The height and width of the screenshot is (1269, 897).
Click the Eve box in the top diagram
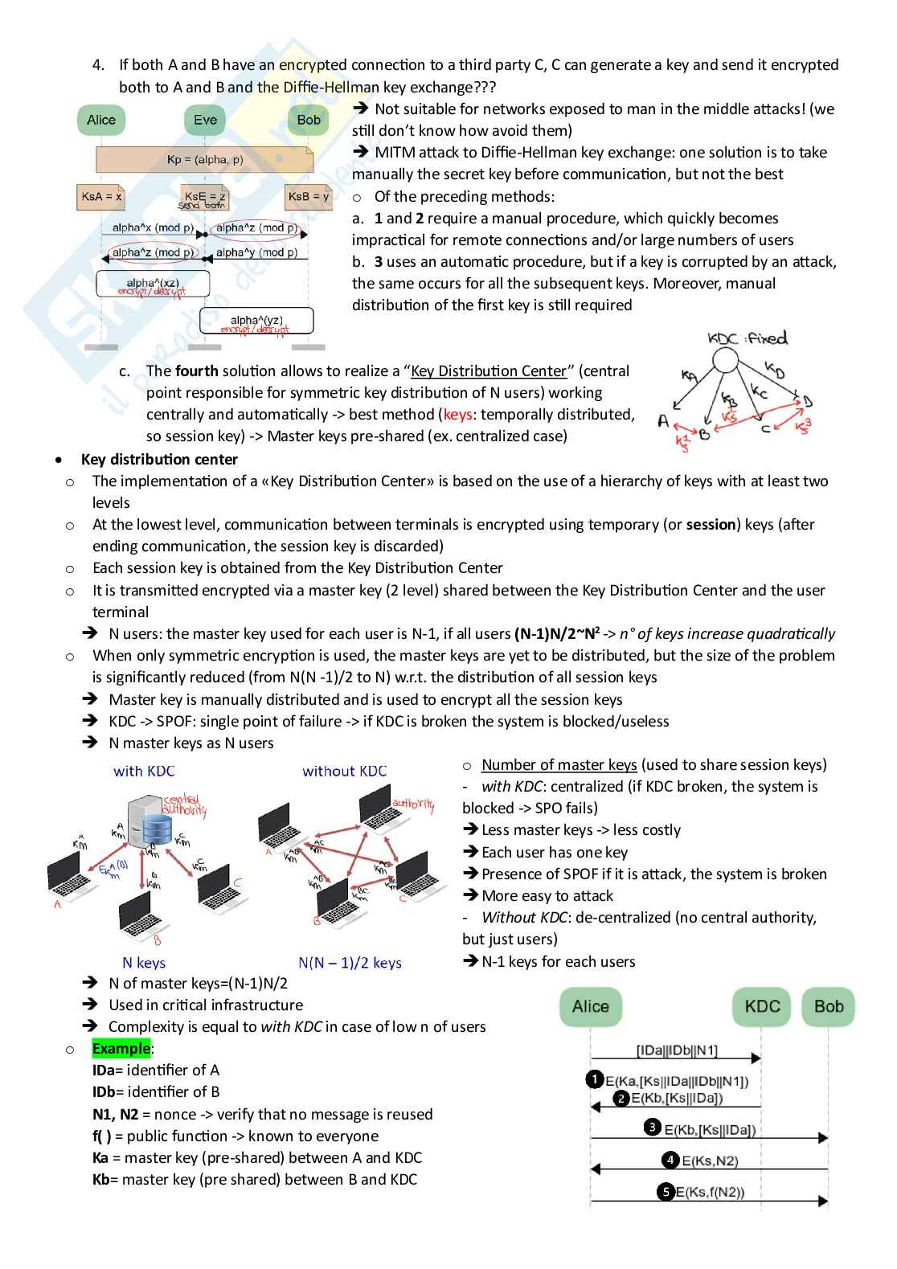[x=205, y=120]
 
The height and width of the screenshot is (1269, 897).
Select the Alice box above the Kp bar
[x=101, y=120]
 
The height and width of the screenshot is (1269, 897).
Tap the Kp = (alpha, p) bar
[x=204, y=159]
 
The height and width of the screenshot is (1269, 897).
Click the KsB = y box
[x=309, y=196]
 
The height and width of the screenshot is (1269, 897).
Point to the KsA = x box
[x=101, y=196]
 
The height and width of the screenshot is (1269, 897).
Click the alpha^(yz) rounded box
[x=256, y=321]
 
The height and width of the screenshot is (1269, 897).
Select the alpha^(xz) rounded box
[x=153, y=284]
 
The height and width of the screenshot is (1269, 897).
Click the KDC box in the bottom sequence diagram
[x=762, y=1006]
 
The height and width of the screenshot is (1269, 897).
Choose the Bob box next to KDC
[x=829, y=1006]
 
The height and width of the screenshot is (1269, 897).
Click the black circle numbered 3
[x=653, y=1128]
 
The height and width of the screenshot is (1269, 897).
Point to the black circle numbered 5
[x=666, y=1191]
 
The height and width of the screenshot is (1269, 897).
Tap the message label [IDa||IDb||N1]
[x=677, y=1050]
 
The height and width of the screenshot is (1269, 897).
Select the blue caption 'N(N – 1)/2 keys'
[x=350, y=962]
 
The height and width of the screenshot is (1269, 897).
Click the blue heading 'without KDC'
[x=345, y=771]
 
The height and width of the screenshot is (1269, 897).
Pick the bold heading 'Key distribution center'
[x=159, y=459]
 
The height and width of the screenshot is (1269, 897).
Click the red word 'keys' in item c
[x=457, y=414]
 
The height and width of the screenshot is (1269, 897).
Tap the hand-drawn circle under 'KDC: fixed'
[x=726, y=362]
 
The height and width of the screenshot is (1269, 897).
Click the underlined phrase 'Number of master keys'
[x=559, y=764]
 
